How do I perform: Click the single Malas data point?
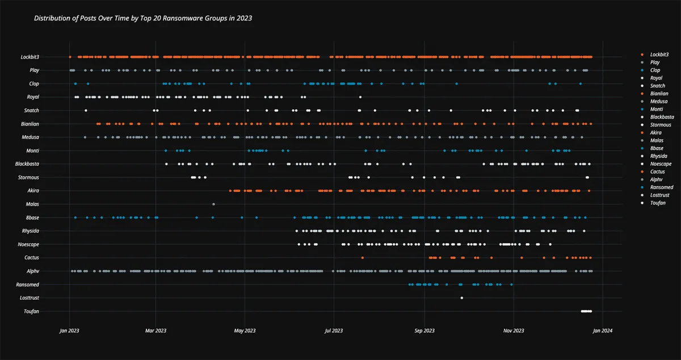[213, 204]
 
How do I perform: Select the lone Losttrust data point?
[461, 298]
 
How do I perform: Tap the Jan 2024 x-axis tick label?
[602, 330]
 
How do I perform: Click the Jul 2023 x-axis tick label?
[334, 330]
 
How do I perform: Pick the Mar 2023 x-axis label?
[155, 330]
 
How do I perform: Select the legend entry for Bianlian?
[659, 93]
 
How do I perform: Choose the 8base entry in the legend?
[656, 148]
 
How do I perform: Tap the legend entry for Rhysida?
[659, 156]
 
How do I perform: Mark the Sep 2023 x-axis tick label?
[424, 330]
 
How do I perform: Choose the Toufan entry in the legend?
[658, 203]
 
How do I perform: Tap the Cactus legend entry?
[658, 171]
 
